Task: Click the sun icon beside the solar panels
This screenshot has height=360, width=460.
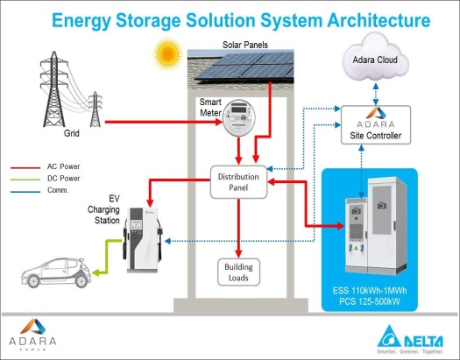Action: click(168, 54)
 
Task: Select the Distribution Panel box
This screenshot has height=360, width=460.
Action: click(238, 182)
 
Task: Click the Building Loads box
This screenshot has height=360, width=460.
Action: click(238, 272)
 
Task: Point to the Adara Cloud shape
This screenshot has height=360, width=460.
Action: click(375, 59)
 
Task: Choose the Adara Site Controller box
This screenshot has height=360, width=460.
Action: click(376, 125)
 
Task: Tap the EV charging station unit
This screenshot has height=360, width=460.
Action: click(143, 240)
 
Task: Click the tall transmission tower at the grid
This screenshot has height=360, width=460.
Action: click(54, 89)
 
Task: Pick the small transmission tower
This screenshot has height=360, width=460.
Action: click(95, 109)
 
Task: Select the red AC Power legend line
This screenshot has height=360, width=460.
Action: click(25, 168)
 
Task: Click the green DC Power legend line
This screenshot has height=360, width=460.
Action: click(25, 180)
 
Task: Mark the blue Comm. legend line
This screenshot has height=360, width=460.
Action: click(25, 192)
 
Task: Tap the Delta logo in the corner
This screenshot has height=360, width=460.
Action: click(410, 340)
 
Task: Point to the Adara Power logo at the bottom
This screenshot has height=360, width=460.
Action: click(32, 335)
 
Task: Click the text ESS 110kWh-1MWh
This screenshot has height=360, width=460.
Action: click(370, 291)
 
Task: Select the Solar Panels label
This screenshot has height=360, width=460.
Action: click(245, 45)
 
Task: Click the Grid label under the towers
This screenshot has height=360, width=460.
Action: click(72, 133)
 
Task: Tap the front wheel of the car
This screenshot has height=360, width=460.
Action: click(81, 281)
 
